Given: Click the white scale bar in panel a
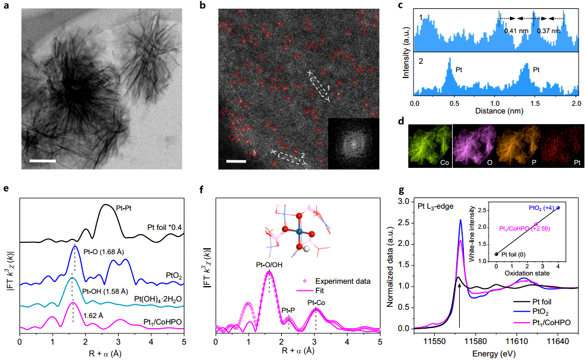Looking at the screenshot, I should coord(43,160).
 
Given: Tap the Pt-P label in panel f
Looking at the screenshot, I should coord(288,310).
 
